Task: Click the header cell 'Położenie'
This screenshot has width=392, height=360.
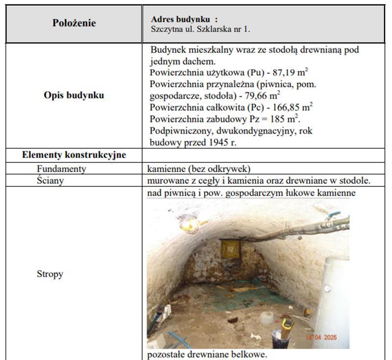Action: click(x=74, y=23)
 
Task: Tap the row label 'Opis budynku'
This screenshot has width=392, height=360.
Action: click(x=73, y=95)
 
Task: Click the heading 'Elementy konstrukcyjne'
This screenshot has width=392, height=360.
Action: click(x=74, y=155)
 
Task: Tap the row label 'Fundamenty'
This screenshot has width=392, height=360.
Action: click(x=61, y=169)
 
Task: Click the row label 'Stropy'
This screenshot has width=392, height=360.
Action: click(x=50, y=274)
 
